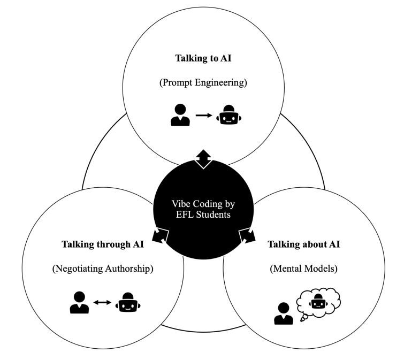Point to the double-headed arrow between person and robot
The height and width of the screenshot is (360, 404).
[102, 303]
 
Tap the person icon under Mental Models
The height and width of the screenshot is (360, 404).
[283, 313]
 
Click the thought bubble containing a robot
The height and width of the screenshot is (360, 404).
[319, 304]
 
